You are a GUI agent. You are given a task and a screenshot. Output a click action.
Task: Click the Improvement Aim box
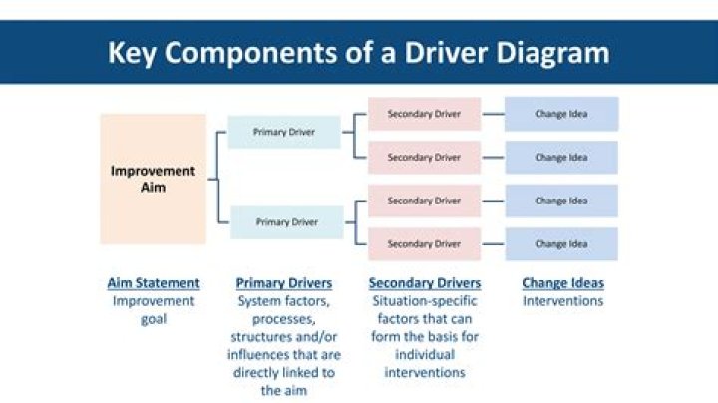coord(153,180)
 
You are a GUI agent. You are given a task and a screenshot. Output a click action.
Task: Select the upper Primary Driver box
coord(284,132)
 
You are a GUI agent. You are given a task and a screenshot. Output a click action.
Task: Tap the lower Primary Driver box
coord(286,222)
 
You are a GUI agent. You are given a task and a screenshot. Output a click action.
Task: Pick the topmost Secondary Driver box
coord(424,114)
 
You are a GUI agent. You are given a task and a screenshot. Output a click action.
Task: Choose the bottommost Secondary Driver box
coord(424,244)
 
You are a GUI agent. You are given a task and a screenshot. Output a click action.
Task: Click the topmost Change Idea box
coord(561,114)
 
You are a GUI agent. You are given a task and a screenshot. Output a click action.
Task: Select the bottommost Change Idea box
coord(561,244)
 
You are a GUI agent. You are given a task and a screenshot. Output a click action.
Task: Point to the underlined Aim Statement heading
coord(154,283)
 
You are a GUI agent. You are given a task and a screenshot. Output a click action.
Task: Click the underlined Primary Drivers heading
coord(284,283)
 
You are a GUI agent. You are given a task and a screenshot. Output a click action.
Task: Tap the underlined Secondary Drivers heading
coord(425,283)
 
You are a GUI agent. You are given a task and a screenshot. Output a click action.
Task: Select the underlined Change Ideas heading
coord(562,283)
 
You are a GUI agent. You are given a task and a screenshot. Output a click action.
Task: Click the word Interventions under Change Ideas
coord(562,301)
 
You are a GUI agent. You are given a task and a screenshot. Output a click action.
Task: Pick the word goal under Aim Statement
coord(154,319)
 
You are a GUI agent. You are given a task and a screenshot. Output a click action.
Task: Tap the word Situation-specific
coord(425,301)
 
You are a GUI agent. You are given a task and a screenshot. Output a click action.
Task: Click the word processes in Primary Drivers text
coord(284,319)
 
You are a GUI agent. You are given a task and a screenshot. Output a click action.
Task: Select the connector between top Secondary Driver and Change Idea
coord(493,114)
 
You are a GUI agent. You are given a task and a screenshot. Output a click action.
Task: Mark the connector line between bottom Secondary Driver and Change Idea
coord(493,244)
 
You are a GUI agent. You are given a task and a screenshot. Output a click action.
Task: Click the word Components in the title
coord(250,54)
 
